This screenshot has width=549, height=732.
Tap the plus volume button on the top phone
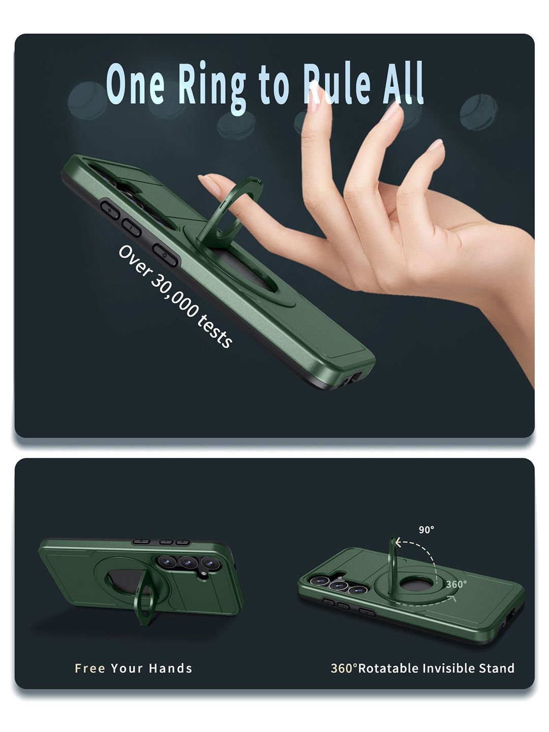[x=110, y=210]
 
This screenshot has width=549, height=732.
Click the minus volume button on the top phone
[x=132, y=228]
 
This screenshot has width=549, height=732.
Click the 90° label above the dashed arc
[x=426, y=529]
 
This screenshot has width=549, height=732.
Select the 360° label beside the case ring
[x=456, y=584]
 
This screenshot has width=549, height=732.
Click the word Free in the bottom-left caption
[x=90, y=668]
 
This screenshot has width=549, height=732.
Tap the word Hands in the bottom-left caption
[x=170, y=668]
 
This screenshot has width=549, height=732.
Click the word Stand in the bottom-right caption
[x=497, y=668]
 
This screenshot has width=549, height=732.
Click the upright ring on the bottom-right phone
[x=392, y=554]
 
